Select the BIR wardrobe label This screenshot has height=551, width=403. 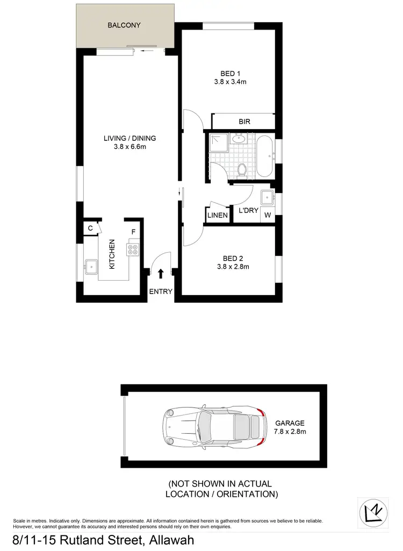244,121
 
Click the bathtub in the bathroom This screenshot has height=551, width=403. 265,157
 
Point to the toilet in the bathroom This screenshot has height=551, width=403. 242,170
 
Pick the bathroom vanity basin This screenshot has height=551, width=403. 238,140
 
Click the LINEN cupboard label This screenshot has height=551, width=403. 218,216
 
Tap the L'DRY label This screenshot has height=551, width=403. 248,211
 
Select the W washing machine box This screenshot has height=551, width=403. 267,216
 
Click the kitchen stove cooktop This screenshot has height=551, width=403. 133,249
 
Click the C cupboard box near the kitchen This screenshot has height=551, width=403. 90,228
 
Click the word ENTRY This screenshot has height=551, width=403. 160,292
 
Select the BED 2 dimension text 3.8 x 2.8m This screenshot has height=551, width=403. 233,266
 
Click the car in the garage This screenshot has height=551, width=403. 215,427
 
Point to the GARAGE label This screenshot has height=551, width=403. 290,423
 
